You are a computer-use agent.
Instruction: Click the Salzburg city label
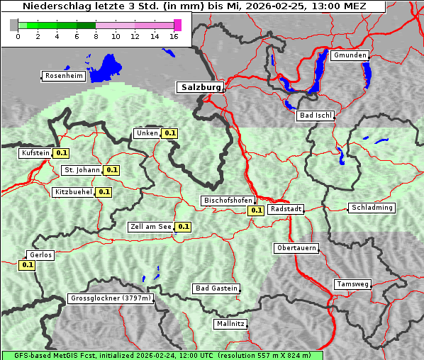pyautogui.click(x=200, y=87)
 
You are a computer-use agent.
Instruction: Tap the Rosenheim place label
pyautogui.click(x=63, y=76)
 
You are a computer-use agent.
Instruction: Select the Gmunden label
pyautogui.click(x=350, y=55)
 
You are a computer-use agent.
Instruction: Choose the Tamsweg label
pyautogui.click(x=352, y=284)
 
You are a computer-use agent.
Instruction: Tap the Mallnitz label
pyautogui.click(x=230, y=324)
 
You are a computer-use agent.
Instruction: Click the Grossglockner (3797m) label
pyautogui.click(x=111, y=298)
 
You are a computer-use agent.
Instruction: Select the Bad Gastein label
pyautogui.click(x=216, y=288)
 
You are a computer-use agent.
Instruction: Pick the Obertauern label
pyautogui.click(x=296, y=248)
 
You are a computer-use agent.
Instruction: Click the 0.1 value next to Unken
pyautogui.click(x=169, y=133)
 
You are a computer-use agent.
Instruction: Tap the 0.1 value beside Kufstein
pyautogui.click(x=61, y=152)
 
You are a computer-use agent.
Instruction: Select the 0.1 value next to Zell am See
pyautogui.click(x=183, y=227)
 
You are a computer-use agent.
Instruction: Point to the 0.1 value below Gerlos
pyautogui.click(x=28, y=265)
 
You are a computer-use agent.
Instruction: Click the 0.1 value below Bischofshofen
pyautogui.click(x=256, y=210)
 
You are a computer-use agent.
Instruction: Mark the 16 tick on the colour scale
pyautogui.click(x=174, y=36)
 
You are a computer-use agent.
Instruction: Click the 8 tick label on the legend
pyautogui.click(x=96, y=36)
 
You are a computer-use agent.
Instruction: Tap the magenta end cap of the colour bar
pyautogui.click(x=177, y=25)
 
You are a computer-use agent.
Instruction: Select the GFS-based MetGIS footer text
pyautogui.click(x=162, y=355)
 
